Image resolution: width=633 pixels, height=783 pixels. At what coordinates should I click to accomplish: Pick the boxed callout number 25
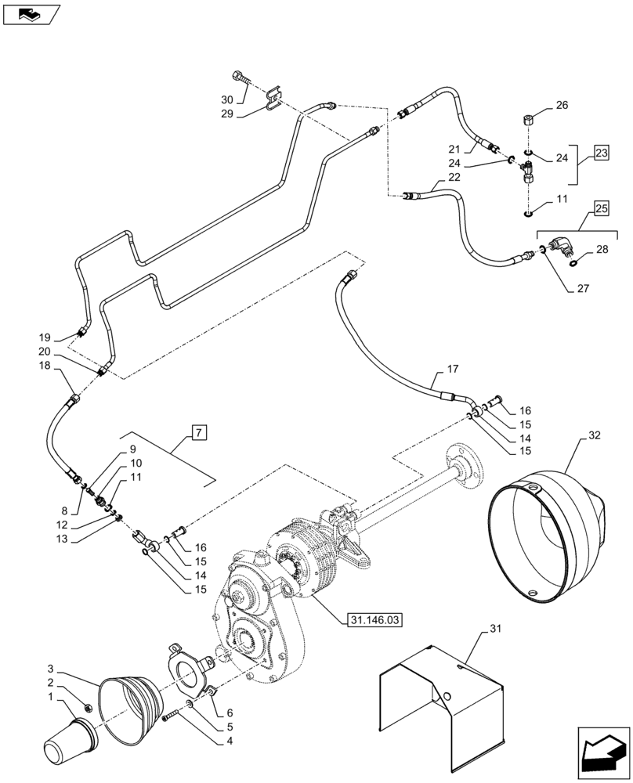[601, 209]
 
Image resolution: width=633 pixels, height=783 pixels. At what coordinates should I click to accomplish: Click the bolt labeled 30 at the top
[240, 78]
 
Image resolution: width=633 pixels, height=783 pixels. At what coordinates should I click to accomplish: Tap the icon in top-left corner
[31, 13]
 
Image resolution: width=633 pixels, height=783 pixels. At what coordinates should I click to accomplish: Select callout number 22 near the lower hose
[454, 177]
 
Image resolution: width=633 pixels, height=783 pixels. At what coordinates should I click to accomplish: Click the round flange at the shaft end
[463, 467]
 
